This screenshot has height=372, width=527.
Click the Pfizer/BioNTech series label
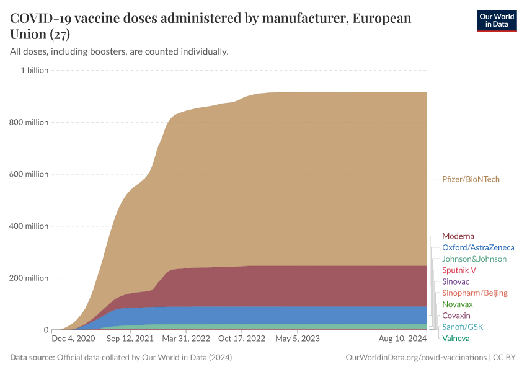click(471, 179)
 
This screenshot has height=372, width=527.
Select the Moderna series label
click(458, 236)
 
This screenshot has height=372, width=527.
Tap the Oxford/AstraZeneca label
click(477, 247)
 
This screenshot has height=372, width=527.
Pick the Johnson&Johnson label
click(474, 259)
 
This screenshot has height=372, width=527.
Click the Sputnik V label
click(459, 270)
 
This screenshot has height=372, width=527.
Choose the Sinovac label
click(456, 281)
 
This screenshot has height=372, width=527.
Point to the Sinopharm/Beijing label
click(474, 293)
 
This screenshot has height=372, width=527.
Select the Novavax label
click(457, 304)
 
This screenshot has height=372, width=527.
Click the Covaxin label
click(456, 316)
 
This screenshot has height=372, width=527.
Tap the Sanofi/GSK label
click(462, 327)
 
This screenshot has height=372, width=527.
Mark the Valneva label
click(456, 338)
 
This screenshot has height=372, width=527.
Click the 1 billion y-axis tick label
click(34, 70)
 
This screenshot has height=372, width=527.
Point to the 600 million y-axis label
click(29, 174)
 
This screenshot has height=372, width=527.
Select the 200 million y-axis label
click(29, 278)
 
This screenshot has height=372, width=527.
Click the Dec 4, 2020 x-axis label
click(73, 339)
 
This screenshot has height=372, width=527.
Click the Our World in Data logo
click(496, 20)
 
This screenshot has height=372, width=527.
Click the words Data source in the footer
click(32, 358)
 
